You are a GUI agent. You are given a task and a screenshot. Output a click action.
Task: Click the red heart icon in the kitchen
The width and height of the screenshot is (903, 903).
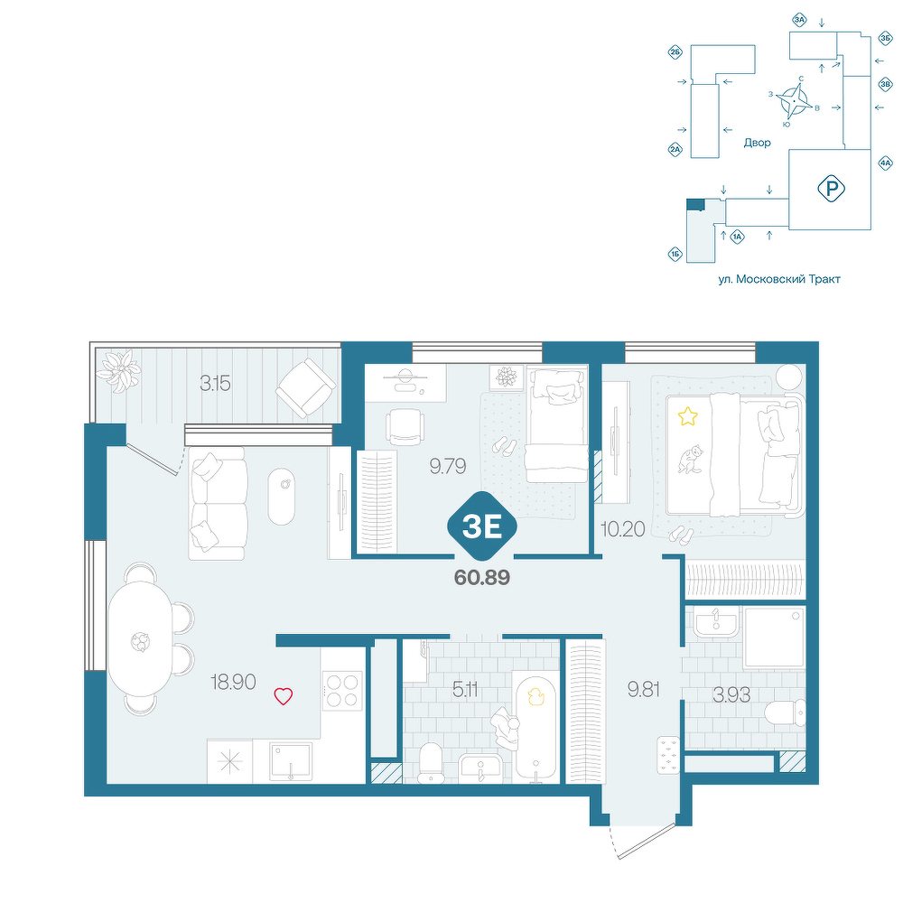(283, 697)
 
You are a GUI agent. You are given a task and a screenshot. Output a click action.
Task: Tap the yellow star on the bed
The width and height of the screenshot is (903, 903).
(687, 415)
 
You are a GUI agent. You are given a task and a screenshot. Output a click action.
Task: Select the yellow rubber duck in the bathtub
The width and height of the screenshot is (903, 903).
(535, 697)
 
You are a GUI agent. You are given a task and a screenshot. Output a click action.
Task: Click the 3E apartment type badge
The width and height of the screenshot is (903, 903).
(482, 526)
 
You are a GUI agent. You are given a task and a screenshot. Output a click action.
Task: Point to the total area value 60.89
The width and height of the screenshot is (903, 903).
(482, 577)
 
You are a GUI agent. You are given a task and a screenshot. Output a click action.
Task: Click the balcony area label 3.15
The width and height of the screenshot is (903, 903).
(215, 383)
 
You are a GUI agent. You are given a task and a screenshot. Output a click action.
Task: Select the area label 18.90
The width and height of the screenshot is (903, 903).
(233, 683)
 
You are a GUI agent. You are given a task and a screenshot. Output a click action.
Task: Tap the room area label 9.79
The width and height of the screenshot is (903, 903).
(448, 466)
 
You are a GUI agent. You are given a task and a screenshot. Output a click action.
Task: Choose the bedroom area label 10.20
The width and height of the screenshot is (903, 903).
(622, 528)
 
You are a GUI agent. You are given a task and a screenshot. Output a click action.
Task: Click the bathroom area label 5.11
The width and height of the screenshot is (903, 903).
(465, 689)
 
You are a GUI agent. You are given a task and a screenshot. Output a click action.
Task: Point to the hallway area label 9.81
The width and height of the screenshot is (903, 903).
(643, 689)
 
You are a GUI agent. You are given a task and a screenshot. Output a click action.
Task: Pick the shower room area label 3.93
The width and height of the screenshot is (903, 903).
(731, 695)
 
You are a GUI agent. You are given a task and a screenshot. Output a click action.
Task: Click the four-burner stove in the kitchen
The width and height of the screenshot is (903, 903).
(342, 691)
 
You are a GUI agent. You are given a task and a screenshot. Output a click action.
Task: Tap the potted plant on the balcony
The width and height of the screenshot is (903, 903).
(119, 371)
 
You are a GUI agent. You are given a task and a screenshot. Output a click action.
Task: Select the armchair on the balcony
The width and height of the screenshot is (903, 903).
(306, 387)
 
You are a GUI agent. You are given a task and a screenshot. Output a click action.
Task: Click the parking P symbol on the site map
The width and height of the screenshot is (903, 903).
(831, 189)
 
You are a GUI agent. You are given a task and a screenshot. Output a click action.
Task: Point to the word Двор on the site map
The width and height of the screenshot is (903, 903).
(757, 143)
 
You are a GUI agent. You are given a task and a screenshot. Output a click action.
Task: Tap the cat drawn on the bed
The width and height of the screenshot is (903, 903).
(690, 459)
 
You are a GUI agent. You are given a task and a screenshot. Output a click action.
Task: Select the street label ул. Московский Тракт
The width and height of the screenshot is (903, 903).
(779, 279)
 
